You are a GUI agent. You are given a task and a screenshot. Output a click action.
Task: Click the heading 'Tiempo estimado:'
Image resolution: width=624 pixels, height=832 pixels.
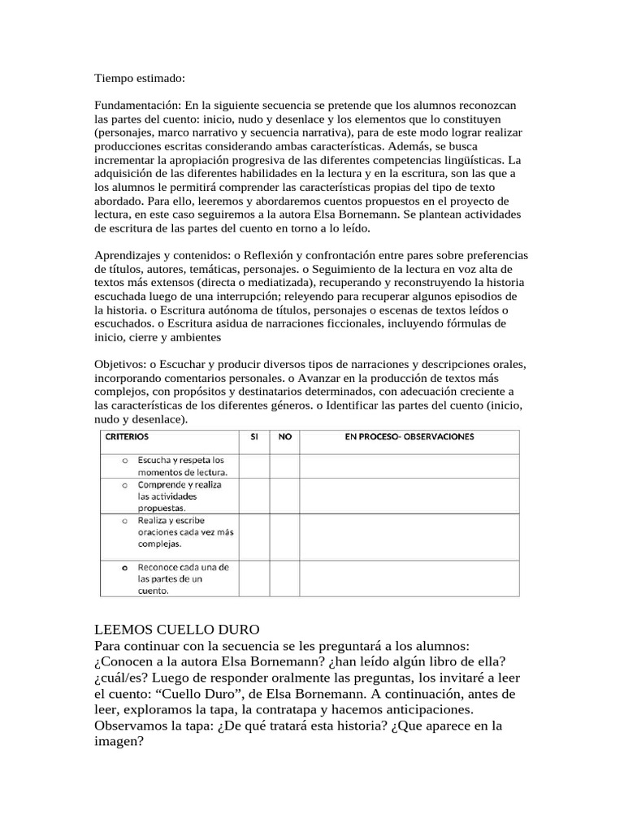click(140, 78)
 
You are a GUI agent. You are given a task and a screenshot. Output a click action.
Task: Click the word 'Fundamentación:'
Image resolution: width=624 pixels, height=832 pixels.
click(137, 106)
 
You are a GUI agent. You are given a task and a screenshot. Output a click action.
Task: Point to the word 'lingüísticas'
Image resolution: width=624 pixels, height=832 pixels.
click(470, 160)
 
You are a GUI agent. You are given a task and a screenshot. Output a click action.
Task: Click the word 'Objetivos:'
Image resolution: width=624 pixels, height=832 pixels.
click(123, 364)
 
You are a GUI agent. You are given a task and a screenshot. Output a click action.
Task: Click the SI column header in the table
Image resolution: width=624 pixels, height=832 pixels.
click(254, 437)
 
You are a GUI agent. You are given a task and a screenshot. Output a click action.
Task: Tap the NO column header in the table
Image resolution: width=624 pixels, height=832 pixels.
click(284, 437)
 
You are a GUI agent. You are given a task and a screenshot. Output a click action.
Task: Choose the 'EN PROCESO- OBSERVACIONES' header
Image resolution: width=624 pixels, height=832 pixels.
click(409, 437)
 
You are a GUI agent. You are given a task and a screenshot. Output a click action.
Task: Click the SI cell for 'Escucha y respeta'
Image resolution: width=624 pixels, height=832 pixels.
click(254, 466)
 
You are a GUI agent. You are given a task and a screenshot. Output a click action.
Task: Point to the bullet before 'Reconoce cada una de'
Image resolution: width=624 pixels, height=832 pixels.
click(125, 566)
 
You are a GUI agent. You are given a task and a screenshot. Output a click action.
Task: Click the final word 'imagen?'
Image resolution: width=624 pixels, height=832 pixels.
click(119, 741)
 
